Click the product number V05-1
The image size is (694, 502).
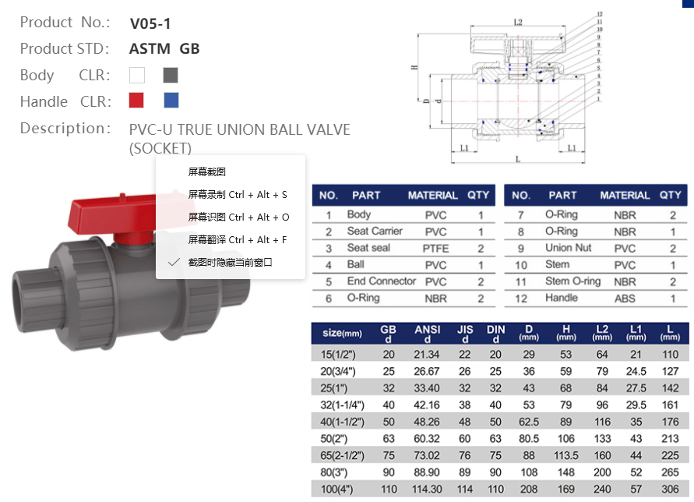coord(150,23)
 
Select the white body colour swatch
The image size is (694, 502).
coord(137,76)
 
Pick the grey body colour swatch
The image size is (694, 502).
coord(171,76)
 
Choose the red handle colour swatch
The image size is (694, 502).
coord(137,101)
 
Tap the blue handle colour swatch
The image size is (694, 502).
coord(171,101)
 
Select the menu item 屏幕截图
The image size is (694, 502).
coord(207,172)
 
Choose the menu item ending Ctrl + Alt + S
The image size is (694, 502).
coord(238,195)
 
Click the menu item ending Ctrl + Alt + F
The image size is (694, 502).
coord(238,239)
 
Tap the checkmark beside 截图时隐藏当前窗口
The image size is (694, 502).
coord(174,263)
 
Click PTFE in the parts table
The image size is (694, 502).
coord(435,248)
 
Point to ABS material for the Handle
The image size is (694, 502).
coord(624,298)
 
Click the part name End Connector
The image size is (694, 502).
coord(381,281)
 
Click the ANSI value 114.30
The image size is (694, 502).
coord(428,490)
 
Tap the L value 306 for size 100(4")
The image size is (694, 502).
coord(670,490)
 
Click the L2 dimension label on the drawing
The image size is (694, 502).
coord(518,23)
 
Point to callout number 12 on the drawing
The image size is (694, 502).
coord(600,14)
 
